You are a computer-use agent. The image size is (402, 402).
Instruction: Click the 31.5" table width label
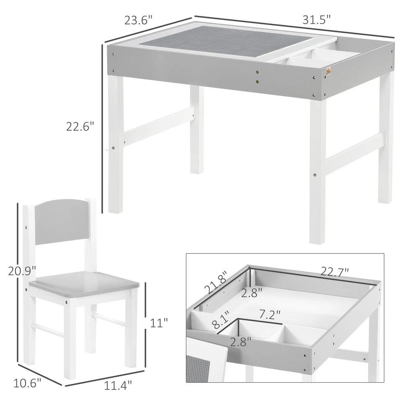(x=317, y=20)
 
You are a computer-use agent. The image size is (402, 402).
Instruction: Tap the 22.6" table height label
(x=79, y=126)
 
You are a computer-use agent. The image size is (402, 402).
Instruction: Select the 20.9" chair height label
(x=21, y=271)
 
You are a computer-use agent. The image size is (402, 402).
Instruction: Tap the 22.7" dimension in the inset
(x=335, y=273)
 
